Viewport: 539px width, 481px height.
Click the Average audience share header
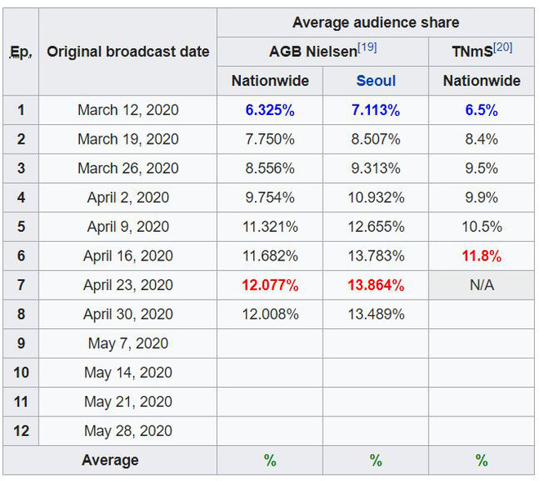coord(376,22)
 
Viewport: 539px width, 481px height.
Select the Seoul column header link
coord(376,80)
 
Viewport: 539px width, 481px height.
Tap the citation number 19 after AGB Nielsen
coord(367,47)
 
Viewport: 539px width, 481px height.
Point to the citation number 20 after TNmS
coord(503,47)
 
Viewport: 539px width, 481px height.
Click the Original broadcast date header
coord(128,51)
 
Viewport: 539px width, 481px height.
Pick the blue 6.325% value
coord(270,109)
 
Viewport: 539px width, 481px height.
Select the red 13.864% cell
coord(376,285)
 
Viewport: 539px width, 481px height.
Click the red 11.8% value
coord(482,256)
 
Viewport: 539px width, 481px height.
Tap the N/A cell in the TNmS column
coord(482,285)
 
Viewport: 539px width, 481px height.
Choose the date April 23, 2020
coord(128,285)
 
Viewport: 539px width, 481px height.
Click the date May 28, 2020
coord(128,430)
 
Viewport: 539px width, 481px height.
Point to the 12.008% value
coord(270,314)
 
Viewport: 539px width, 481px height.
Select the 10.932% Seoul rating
coord(376,197)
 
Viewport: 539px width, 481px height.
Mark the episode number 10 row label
coord(21,372)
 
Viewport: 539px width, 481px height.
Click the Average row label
coord(110,461)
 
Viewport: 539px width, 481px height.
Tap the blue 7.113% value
coord(376,109)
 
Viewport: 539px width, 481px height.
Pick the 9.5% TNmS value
coord(482,168)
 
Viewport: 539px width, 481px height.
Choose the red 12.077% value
coord(270,285)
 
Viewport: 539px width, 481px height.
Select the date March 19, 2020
coord(128,139)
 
